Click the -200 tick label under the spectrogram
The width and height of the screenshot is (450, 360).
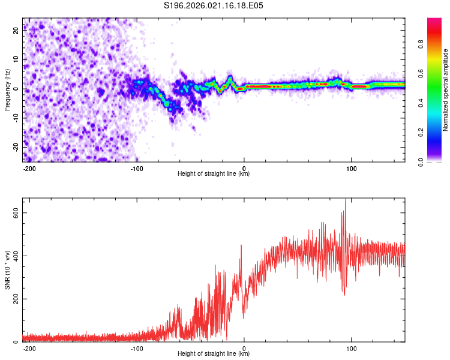tap(29, 168)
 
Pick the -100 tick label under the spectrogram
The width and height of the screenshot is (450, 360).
tap(137, 168)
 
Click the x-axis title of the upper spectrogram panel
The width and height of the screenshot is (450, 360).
tap(214, 174)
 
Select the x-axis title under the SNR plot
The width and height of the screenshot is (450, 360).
tap(214, 354)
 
